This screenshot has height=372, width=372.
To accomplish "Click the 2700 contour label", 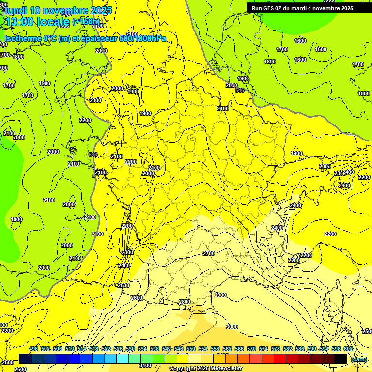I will coord(209,253).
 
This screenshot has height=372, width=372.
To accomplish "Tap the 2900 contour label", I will coord(220,295).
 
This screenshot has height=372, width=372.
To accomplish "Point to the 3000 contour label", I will coord(232,327).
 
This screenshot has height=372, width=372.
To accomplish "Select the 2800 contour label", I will coord(185,302).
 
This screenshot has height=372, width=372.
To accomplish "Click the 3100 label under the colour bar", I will coord(145,365).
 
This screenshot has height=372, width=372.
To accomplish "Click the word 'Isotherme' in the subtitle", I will coord(22,38).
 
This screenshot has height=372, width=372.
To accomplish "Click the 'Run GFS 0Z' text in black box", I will coord(267,8).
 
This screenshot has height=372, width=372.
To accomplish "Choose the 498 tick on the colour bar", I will coord(33,349).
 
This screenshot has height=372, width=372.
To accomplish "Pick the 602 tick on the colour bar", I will coord(348,349).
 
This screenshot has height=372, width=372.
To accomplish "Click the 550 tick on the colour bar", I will coord(191,349).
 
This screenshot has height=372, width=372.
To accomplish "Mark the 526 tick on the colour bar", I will coord(118,349).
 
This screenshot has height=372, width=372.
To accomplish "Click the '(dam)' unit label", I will coord(359,359).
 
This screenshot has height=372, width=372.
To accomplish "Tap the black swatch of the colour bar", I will coord(341,358).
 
